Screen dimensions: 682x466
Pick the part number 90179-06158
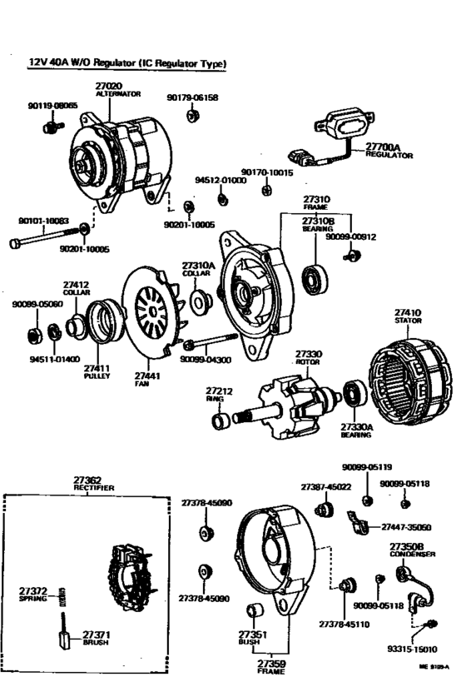(192, 97)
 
